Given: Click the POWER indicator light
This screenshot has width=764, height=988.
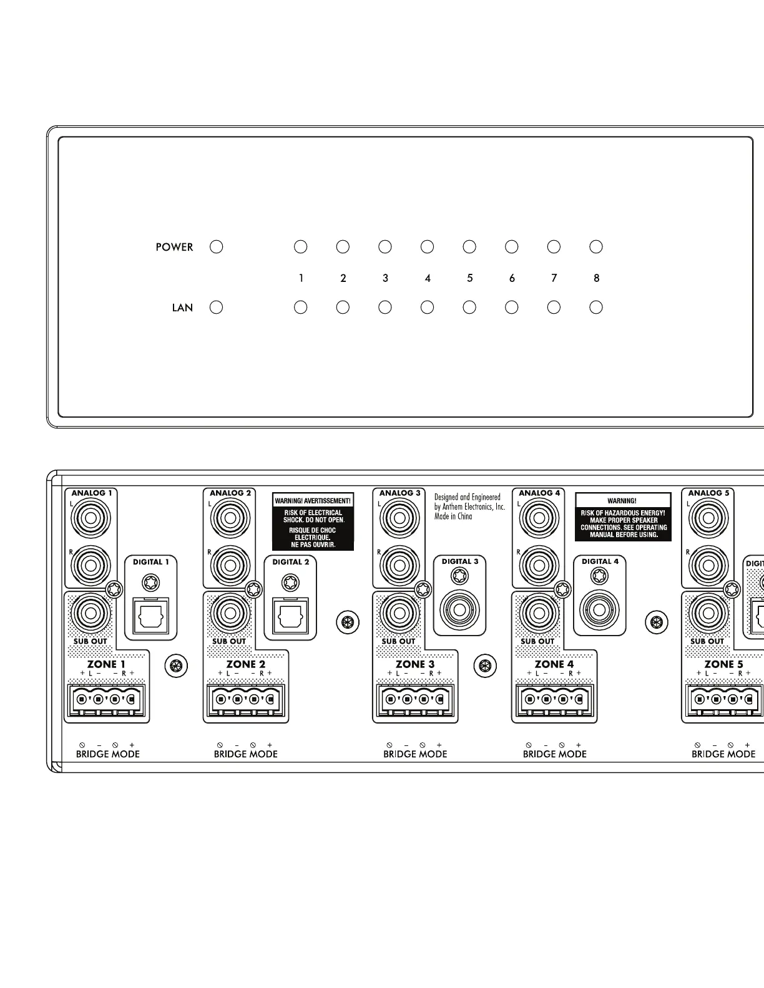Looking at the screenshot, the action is pos(217,247).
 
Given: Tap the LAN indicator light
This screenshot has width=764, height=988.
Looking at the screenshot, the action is pos(217,308).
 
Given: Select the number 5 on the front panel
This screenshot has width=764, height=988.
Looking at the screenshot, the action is pos(469,278).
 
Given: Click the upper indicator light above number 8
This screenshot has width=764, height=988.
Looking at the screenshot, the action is pos(596,247).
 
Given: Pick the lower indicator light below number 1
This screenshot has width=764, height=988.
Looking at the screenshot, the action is pos(301,308).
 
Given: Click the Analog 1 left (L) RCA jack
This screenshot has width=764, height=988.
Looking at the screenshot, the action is pos(91,518).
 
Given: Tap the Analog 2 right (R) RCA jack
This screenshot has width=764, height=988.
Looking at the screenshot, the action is pos(230,565).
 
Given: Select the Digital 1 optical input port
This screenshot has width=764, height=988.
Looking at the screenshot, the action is pos(150,616).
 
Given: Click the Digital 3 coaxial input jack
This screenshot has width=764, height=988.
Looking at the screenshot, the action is pos(459,609).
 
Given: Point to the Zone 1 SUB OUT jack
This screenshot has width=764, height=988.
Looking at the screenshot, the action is pos(91,613).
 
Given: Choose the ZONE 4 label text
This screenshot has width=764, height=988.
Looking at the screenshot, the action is pos(554,664).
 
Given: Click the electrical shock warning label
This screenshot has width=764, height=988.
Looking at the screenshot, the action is pos(313,522).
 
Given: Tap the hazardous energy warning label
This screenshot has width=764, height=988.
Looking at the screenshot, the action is pos(623,517).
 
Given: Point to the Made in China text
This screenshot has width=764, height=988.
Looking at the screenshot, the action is pos(453,516).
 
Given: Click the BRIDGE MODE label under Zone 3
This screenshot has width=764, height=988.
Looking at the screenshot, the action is pos(415,754).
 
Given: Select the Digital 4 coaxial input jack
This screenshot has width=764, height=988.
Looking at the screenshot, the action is pos(599,609).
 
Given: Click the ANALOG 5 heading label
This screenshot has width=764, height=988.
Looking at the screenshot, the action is pos(708,493).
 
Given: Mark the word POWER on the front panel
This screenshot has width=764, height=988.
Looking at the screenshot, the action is pos(174,247).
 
